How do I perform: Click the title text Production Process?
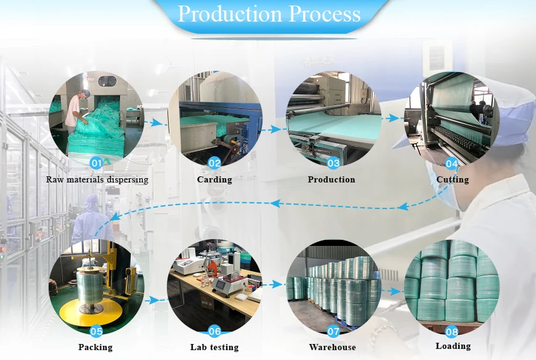[269, 14]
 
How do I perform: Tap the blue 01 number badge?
[95, 163]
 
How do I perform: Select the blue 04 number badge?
[452, 164]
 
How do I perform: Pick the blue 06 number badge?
[214, 332]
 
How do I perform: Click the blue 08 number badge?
[452, 332]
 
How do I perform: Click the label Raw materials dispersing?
[97, 180]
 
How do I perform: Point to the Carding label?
[214, 180]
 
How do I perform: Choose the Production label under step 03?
[331, 180]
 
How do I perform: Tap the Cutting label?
[452, 180]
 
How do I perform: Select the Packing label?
[95, 348]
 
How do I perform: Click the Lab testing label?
[214, 348]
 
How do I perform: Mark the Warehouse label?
[333, 348]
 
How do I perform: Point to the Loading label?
[453, 346]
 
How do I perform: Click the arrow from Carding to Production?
[270, 129]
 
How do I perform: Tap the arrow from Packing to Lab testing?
[155, 300]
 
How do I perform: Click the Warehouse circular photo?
[333, 287]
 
